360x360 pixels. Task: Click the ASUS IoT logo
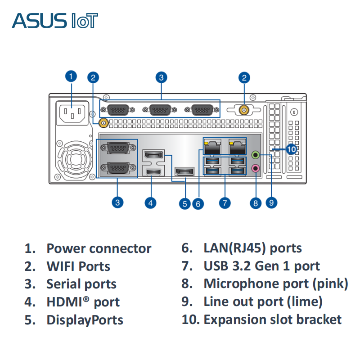[x=55, y=21]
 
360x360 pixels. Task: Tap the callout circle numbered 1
[x=71, y=76]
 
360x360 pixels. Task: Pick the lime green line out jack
[x=256, y=155]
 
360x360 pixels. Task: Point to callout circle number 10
[x=292, y=149]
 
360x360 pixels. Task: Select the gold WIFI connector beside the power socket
[x=103, y=122]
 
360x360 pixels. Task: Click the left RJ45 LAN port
[x=212, y=146]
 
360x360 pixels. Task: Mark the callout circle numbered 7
[x=225, y=202]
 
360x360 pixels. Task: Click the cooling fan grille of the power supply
[x=74, y=159]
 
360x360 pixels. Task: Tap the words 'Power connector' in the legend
[x=99, y=248]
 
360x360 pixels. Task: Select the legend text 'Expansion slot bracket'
[x=272, y=319]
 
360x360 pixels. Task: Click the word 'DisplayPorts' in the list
[x=85, y=320]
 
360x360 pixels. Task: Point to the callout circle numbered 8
[x=256, y=203]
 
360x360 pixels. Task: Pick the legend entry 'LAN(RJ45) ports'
[x=252, y=248]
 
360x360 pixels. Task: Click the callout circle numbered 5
[x=184, y=203]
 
